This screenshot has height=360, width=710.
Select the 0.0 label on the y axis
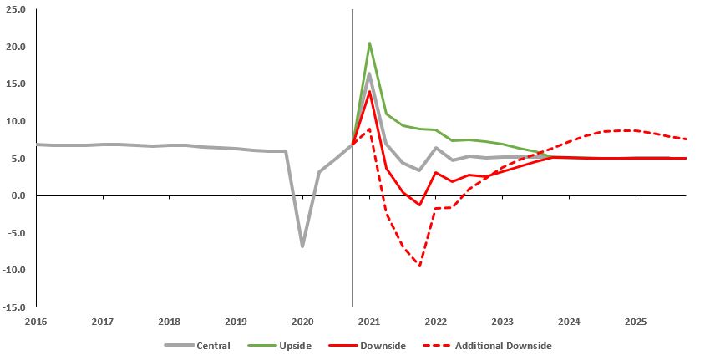(x=18, y=195)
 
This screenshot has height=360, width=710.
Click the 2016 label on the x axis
(x=36, y=322)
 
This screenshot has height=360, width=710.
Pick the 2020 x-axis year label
(x=302, y=322)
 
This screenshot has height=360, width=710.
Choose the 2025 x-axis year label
(x=635, y=322)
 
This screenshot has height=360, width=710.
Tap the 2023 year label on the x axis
(x=502, y=322)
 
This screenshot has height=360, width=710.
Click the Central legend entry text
(x=213, y=345)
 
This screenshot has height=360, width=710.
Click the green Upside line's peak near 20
(x=369, y=43)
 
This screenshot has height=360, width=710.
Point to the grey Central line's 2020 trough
(x=302, y=246)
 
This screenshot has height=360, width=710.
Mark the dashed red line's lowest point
(x=419, y=266)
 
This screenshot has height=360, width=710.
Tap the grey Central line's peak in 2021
(x=369, y=74)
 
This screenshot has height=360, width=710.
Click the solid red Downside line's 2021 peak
(x=369, y=92)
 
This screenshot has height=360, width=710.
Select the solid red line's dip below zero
(x=419, y=205)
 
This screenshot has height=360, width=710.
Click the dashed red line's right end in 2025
(x=685, y=139)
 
